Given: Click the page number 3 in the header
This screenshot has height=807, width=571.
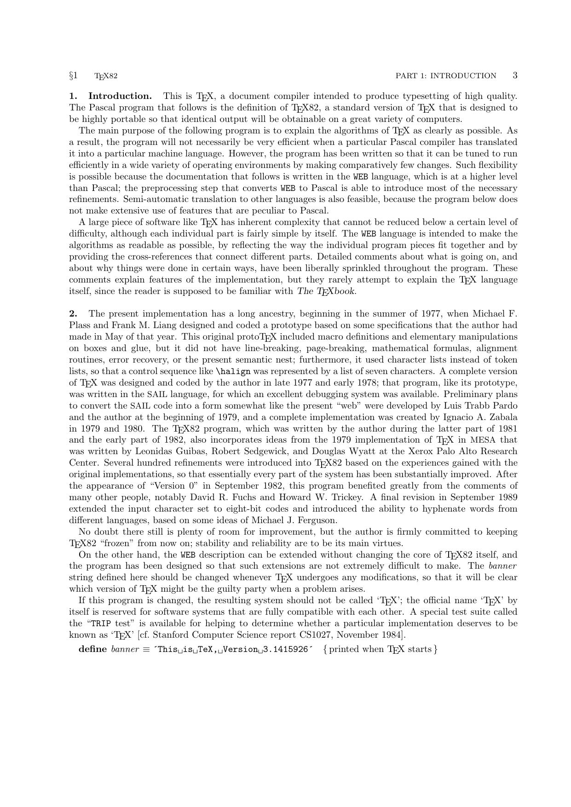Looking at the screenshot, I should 515,75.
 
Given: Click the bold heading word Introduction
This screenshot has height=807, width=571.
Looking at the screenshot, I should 120,96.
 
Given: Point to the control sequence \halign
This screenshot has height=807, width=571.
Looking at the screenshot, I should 233,371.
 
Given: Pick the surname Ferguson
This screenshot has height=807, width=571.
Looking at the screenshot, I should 316,520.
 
